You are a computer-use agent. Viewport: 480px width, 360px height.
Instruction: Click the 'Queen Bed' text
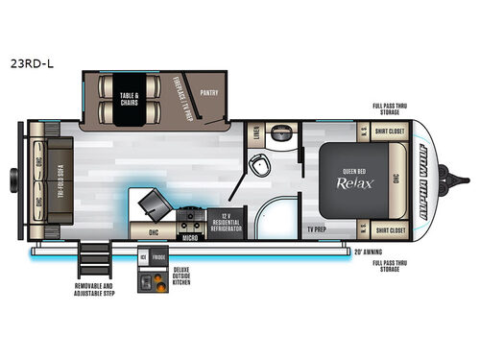(x=351, y=173)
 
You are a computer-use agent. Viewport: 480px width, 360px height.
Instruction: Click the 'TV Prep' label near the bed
(x=318, y=230)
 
